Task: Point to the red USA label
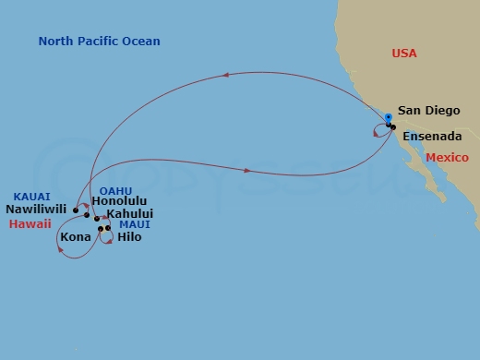[x=404, y=54]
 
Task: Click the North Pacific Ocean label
[x=100, y=42]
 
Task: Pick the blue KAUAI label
[x=31, y=196]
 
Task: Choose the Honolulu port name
[x=120, y=201]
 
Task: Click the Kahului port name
[x=129, y=214]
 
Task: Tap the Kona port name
[x=75, y=237]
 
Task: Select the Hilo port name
[x=130, y=237]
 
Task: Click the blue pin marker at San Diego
[x=388, y=118]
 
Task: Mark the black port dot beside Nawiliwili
[x=76, y=210]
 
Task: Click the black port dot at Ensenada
[x=393, y=126]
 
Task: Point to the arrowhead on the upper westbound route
[x=224, y=78]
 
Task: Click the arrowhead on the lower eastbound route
[x=249, y=170]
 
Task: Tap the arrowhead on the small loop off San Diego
[x=376, y=134]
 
